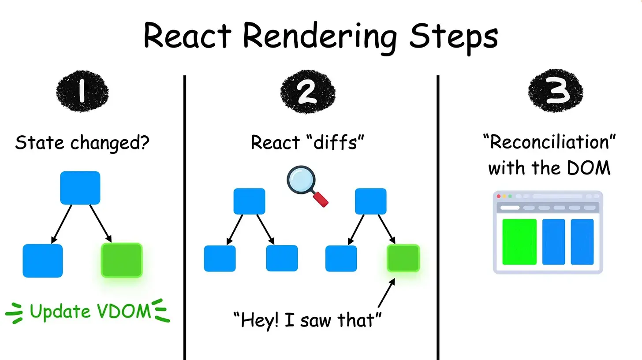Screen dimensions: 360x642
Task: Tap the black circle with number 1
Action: click(x=82, y=93)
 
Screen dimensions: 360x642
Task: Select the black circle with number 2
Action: click(x=307, y=93)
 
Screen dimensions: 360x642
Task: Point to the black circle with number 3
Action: click(x=556, y=93)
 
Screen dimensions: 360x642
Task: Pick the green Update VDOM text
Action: click(x=90, y=312)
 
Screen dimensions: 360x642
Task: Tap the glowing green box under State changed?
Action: click(x=122, y=260)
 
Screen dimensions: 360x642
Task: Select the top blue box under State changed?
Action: click(x=80, y=188)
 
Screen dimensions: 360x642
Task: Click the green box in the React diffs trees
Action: click(x=403, y=258)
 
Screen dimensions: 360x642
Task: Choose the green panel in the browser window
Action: click(x=519, y=242)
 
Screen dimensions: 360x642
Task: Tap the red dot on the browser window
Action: click(x=499, y=196)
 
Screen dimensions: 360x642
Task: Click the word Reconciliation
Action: click(x=549, y=143)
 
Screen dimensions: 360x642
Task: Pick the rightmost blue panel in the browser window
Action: click(x=582, y=242)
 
